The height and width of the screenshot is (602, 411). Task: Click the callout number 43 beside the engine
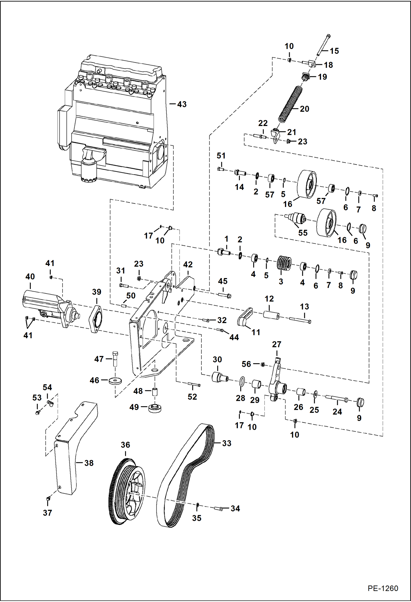click(x=182, y=104)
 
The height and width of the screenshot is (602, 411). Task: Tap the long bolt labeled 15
click(x=323, y=45)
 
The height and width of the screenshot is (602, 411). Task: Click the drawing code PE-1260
click(x=382, y=588)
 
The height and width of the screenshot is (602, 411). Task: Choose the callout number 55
click(x=303, y=233)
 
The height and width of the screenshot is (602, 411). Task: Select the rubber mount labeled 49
click(x=154, y=408)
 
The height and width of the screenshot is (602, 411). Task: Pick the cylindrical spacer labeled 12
click(x=271, y=315)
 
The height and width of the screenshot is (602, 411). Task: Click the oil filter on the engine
click(x=88, y=170)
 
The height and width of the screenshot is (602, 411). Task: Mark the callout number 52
click(x=192, y=397)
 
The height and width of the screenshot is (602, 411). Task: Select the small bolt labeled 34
click(x=218, y=509)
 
